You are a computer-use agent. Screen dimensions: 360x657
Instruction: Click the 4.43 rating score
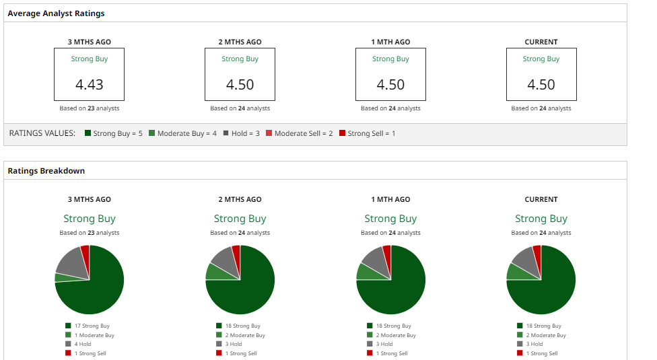(x=90, y=85)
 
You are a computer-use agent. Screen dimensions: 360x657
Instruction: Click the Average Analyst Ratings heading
(x=56, y=13)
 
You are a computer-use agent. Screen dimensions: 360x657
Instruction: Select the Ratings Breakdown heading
(x=46, y=171)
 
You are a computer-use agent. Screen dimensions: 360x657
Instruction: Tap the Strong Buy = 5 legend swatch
(x=88, y=133)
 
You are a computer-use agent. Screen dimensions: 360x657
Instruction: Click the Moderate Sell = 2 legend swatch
(x=269, y=133)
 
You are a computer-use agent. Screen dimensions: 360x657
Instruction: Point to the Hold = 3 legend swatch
(x=226, y=133)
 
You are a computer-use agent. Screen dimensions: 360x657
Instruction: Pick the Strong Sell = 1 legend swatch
(x=342, y=133)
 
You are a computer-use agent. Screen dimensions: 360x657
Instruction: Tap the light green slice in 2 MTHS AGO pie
(x=214, y=271)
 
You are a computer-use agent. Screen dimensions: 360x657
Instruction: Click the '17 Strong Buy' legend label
(x=92, y=326)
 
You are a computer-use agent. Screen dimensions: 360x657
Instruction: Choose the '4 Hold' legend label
(x=83, y=344)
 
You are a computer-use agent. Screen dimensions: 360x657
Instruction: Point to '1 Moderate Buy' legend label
(x=94, y=335)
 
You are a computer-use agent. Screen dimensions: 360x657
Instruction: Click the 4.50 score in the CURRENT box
(x=541, y=85)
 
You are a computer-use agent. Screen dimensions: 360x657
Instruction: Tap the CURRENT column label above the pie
(x=541, y=199)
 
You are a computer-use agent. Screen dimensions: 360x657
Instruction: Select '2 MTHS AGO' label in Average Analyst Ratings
(x=240, y=42)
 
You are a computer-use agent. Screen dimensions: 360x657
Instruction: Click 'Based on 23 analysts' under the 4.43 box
(x=90, y=108)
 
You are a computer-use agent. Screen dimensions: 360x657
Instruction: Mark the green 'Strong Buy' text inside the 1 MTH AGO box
(x=390, y=59)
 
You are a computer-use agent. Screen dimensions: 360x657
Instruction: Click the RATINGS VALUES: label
(x=42, y=133)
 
